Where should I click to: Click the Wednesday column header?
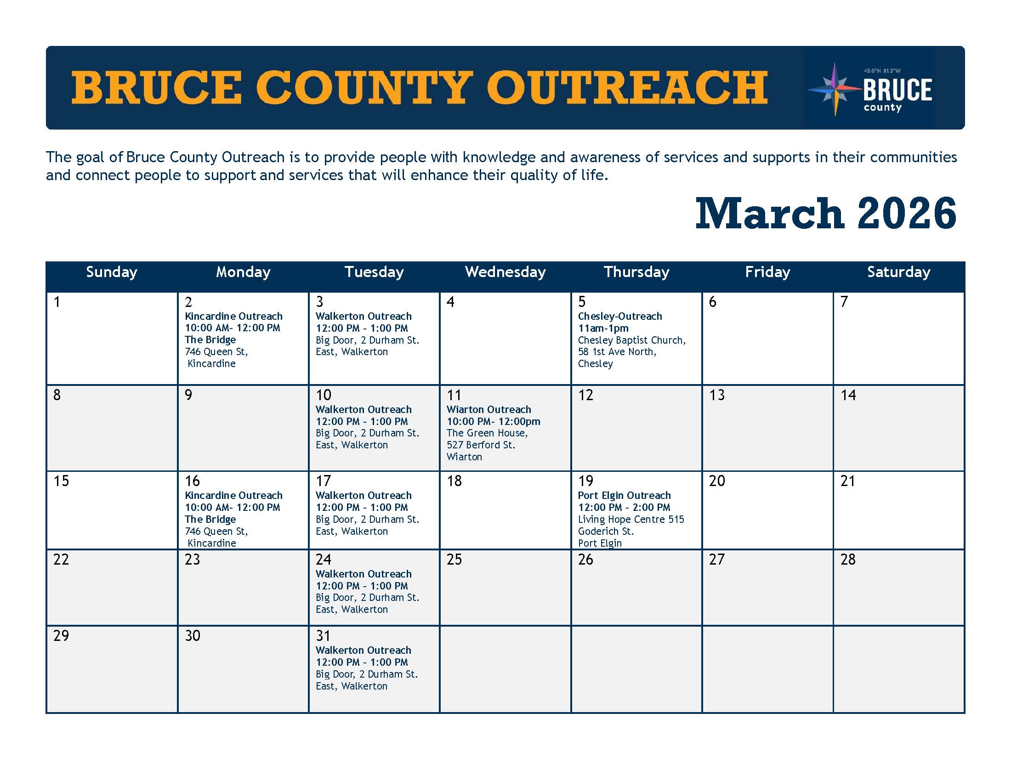(x=505, y=272)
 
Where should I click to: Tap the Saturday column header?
(x=898, y=272)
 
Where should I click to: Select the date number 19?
(x=585, y=481)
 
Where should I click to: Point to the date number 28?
(x=848, y=560)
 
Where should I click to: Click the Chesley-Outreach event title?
(x=620, y=316)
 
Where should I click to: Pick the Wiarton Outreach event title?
(x=489, y=409)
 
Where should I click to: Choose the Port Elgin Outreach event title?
(x=624, y=495)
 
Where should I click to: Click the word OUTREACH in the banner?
(x=627, y=87)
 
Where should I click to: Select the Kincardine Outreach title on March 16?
(x=234, y=495)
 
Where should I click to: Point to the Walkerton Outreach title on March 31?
(x=364, y=650)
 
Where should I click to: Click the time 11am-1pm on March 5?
(x=603, y=328)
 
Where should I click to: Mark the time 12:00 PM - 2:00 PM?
(x=624, y=507)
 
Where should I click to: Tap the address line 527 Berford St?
(x=481, y=445)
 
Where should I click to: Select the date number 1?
(x=57, y=302)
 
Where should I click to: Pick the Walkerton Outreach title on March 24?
(x=364, y=574)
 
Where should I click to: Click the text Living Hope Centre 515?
(x=631, y=519)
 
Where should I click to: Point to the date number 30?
(x=193, y=636)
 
